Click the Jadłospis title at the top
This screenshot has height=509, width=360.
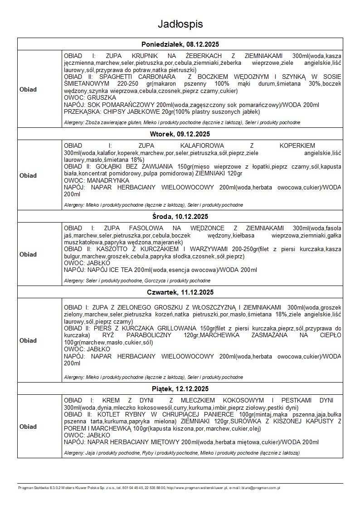(180, 24)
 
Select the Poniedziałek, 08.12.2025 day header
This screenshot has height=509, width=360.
(180, 44)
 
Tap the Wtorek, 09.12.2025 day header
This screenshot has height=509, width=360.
(180, 134)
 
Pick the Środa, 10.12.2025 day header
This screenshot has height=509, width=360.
(180, 216)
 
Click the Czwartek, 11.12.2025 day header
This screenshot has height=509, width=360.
(180, 292)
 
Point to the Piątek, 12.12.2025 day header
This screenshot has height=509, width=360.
(180, 389)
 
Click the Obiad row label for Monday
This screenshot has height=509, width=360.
(28, 89)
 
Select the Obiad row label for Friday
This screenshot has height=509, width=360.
(28, 427)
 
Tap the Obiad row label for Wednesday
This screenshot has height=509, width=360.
(28, 254)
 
